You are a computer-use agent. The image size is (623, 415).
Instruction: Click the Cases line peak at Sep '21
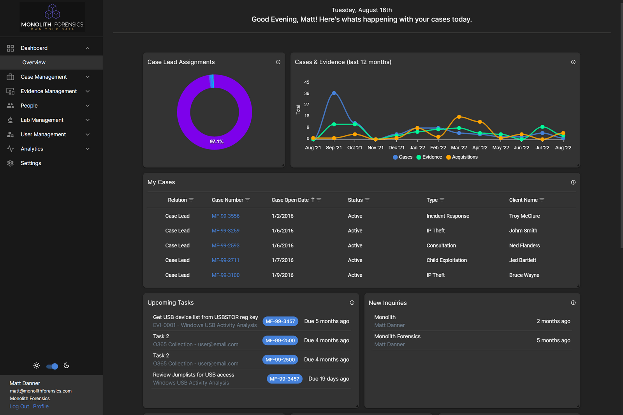tap(334, 93)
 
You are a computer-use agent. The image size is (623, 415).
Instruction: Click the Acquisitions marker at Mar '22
tap(459, 117)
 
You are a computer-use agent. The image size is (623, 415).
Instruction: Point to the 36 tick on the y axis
tap(307, 94)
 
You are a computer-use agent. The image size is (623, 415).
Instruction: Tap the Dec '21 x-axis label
tap(396, 148)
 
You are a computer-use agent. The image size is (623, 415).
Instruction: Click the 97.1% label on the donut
tap(216, 141)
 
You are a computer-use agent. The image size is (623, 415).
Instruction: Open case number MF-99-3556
tap(225, 216)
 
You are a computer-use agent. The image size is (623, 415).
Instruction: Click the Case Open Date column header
tap(290, 200)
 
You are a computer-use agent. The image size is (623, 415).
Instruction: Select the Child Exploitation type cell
tap(446, 260)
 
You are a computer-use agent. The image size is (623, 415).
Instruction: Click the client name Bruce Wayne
tap(524, 275)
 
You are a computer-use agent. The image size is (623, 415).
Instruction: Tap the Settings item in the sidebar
tap(31, 163)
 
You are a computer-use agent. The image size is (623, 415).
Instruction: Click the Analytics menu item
tap(32, 149)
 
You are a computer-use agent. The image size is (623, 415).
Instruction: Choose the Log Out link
tap(19, 406)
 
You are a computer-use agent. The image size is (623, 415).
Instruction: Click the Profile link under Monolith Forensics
tap(41, 406)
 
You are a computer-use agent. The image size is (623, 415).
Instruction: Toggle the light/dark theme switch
tap(52, 366)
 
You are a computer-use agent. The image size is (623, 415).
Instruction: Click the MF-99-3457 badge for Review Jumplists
tap(284, 379)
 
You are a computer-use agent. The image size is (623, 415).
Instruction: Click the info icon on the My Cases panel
tap(573, 182)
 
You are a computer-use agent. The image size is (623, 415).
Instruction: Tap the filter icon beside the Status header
tap(367, 200)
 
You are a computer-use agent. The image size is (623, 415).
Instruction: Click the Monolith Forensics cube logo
tap(52, 12)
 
